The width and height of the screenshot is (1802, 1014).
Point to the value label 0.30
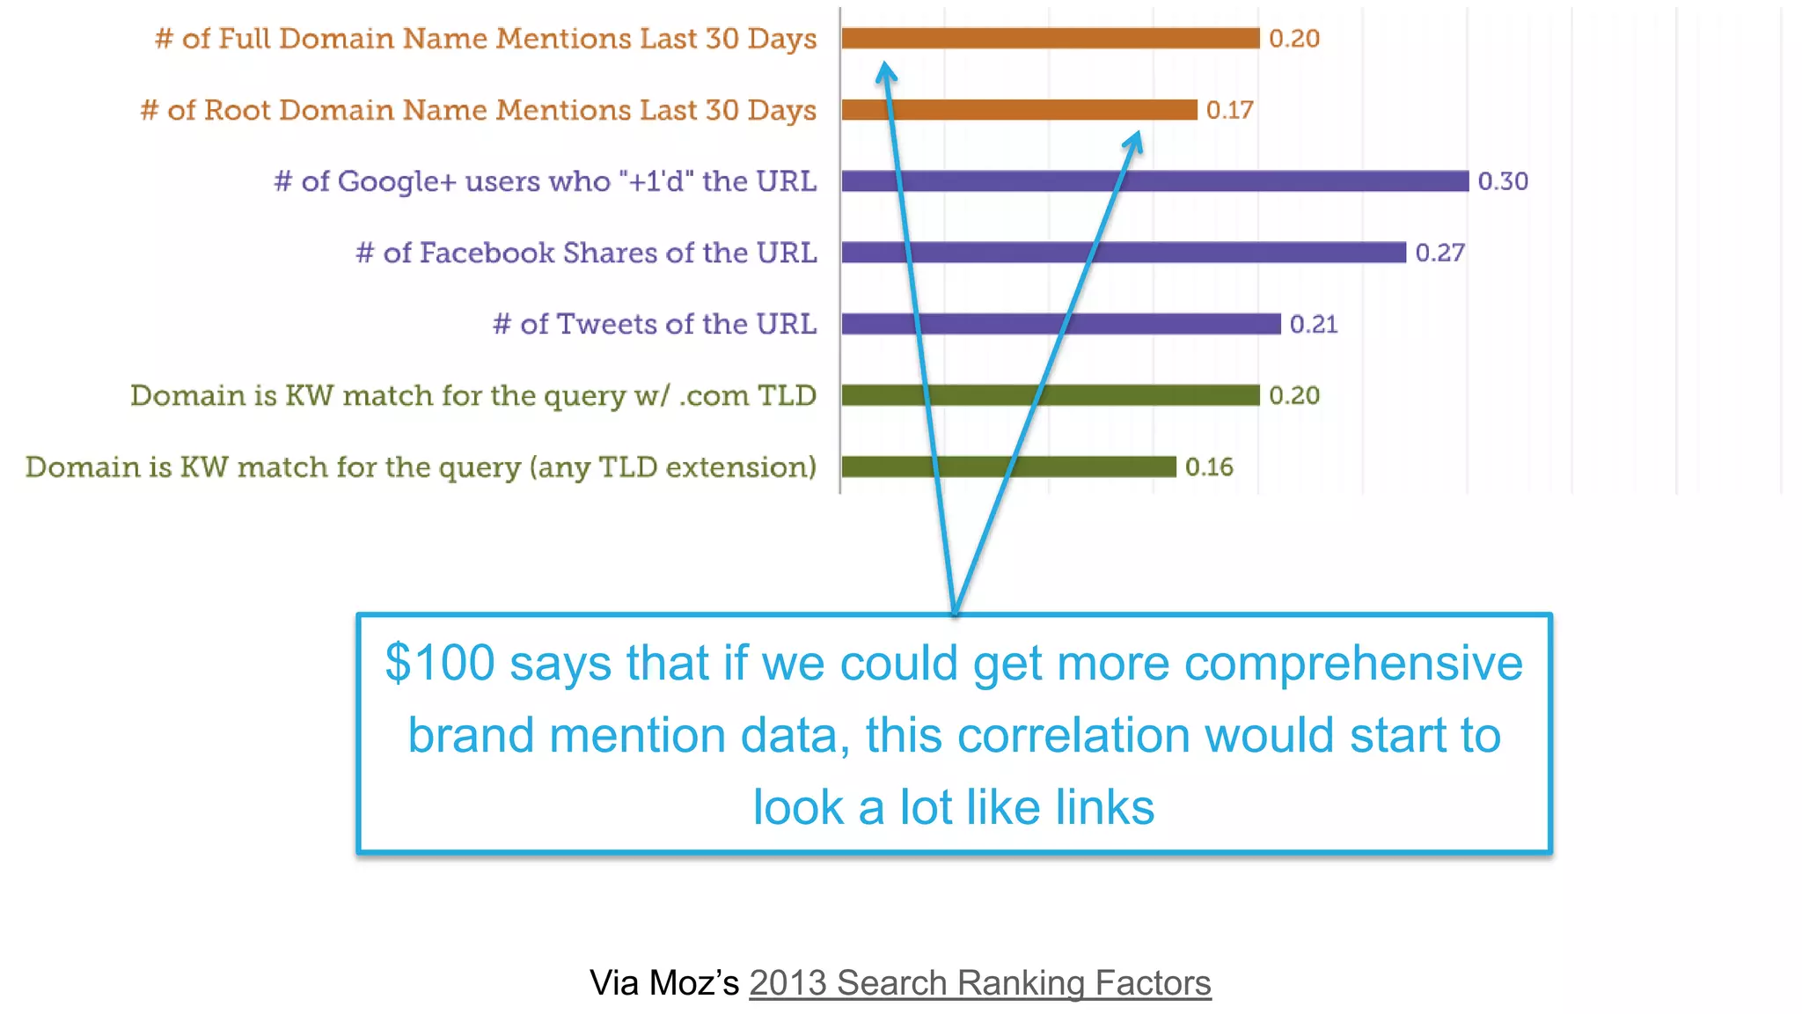[1503, 181]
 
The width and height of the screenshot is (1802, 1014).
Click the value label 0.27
[1439, 253]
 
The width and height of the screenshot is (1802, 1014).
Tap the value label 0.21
[1314, 324]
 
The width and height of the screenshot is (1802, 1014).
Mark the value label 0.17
[1229, 110]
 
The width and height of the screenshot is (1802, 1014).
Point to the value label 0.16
[1209, 467]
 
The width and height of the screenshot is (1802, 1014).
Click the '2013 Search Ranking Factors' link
[979, 982]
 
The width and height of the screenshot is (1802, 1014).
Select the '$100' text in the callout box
[440, 663]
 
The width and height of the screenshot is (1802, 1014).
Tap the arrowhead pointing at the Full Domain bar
[885, 73]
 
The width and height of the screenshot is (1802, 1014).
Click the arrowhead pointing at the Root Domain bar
[1134, 142]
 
